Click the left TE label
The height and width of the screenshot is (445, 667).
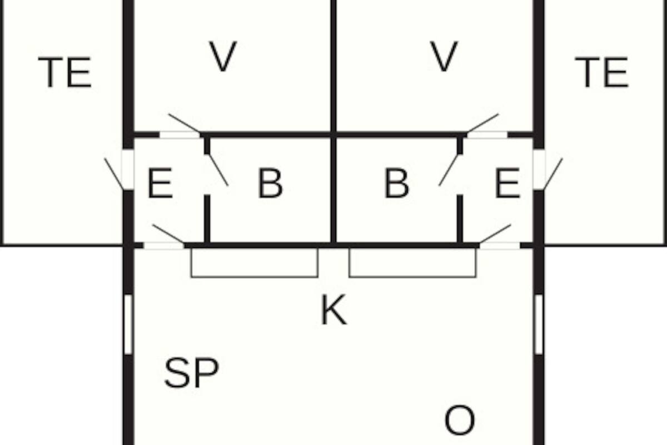(64, 73)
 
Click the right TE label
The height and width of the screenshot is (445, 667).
(601, 73)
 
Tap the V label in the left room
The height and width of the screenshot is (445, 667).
(223, 57)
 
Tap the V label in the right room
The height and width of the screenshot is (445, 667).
(444, 57)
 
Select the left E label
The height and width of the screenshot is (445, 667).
(160, 184)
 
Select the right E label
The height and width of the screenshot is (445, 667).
(507, 184)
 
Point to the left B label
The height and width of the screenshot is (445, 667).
(270, 184)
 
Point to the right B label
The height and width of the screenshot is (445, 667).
(396, 184)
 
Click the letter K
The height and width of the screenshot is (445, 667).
(333, 310)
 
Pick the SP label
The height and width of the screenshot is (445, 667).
(191, 373)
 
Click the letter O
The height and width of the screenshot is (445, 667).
(460, 421)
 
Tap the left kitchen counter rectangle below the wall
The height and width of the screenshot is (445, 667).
(255, 263)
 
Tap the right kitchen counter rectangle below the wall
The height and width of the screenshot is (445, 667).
(412, 263)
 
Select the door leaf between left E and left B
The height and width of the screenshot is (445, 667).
(217, 170)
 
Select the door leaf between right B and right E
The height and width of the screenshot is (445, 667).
(449, 170)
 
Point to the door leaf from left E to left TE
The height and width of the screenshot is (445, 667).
(114, 174)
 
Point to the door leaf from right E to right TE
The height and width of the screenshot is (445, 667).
(553, 174)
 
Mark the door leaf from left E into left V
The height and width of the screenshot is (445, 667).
(184, 123)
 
